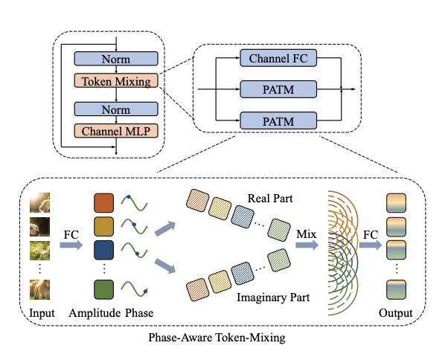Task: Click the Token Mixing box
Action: [116, 82]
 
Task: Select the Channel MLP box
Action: [116, 131]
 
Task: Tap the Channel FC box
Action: [279, 57]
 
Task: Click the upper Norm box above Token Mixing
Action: [116, 58]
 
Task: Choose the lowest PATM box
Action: [279, 119]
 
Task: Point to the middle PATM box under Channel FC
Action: [279, 89]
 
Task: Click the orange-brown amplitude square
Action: [104, 203]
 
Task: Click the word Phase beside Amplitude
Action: [139, 313]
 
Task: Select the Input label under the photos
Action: [42, 313]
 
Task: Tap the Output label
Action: [395, 313]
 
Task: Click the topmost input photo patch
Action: [40, 202]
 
